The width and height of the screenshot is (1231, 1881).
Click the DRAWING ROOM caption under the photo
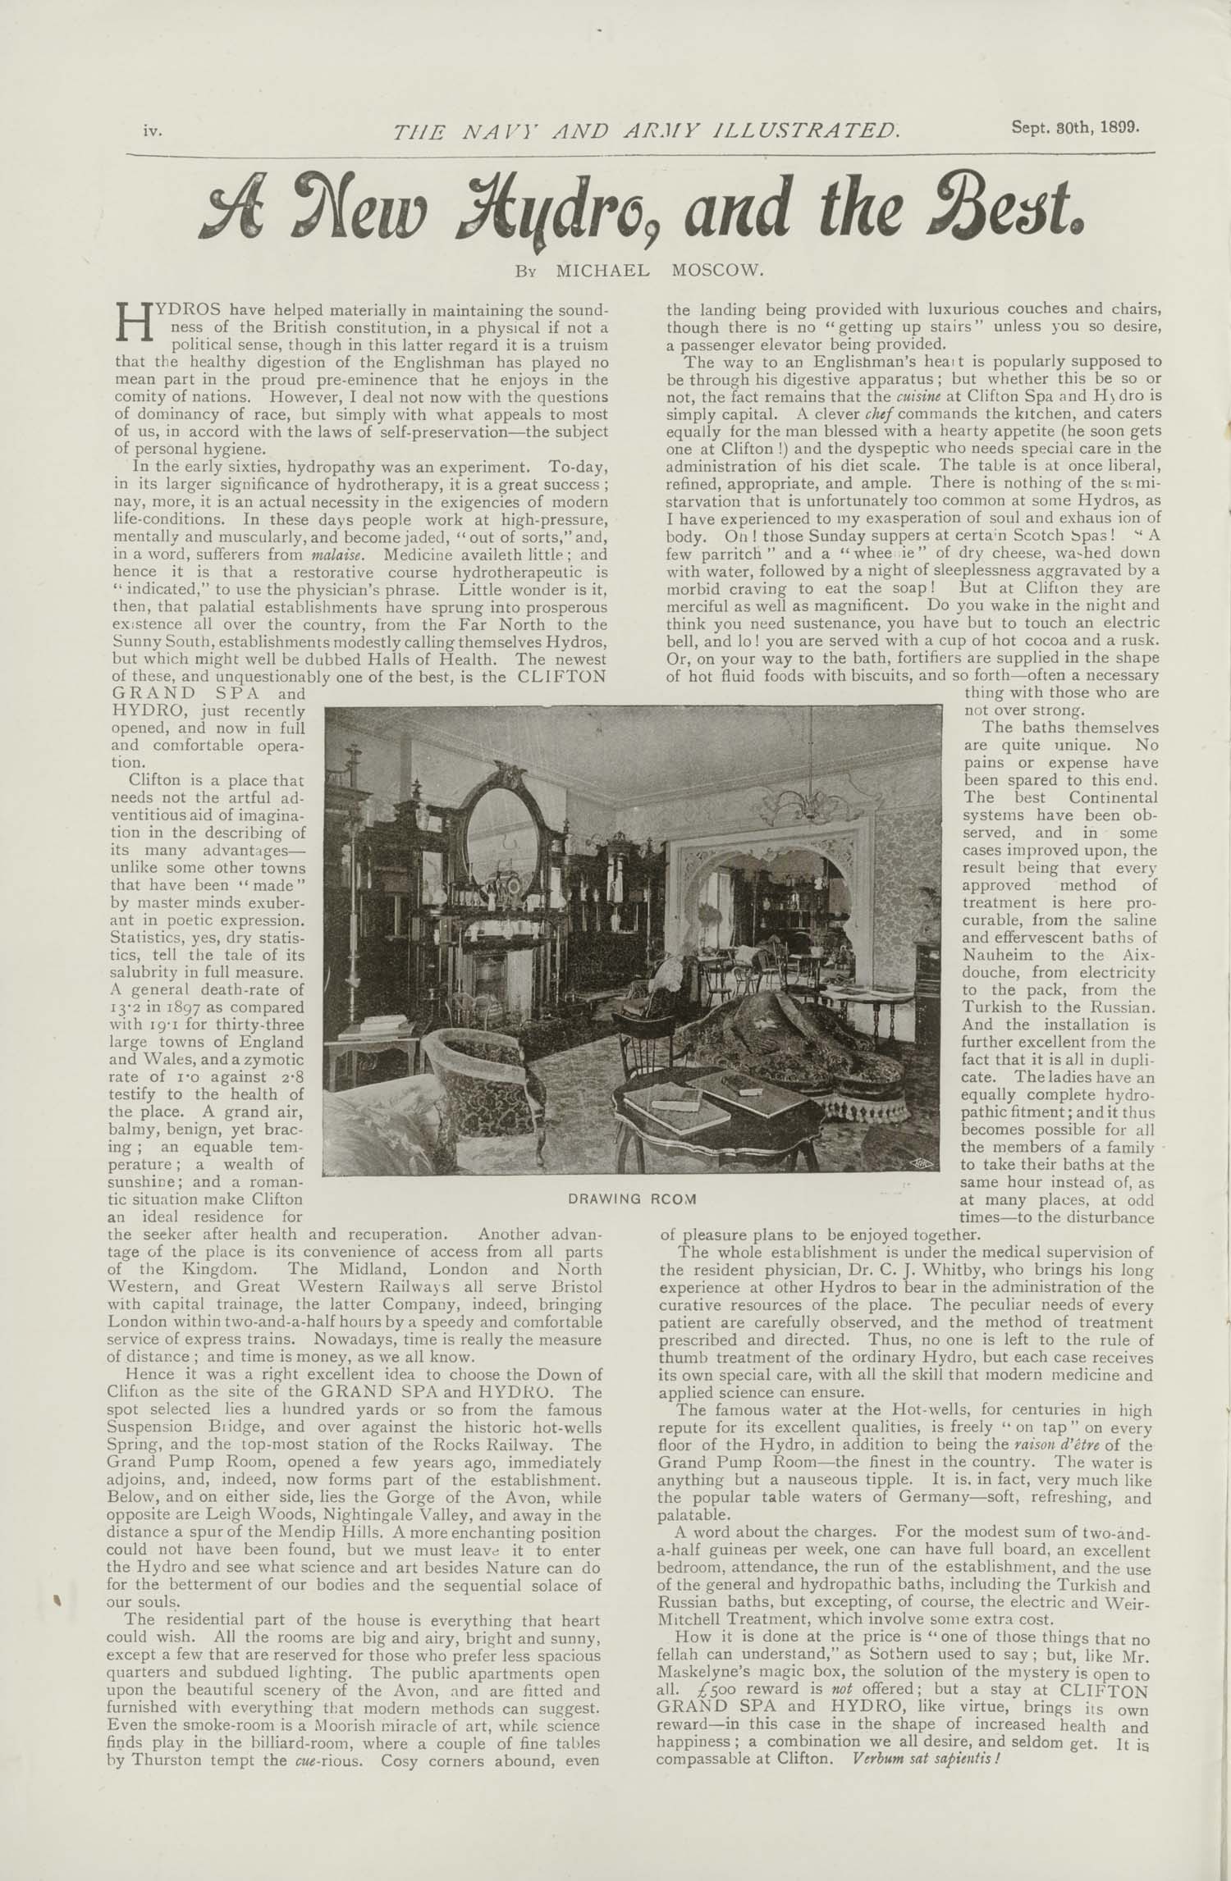pyautogui.click(x=631, y=1198)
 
